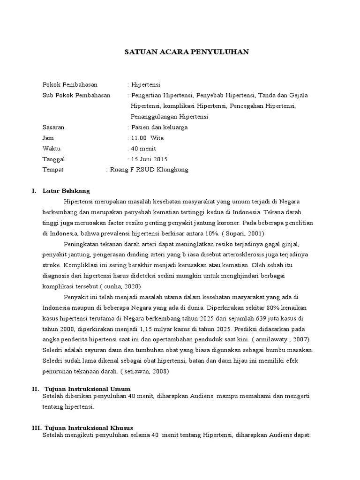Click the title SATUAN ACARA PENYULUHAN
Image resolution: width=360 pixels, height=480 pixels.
186,52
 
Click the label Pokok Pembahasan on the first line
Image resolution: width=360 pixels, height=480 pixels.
70,85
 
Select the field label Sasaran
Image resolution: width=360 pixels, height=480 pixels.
53,127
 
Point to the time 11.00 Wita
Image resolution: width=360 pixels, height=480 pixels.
148,138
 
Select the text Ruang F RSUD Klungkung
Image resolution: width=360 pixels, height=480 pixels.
149,170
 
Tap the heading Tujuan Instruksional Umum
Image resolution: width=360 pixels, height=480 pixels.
87,389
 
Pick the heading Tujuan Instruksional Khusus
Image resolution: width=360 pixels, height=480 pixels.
89,428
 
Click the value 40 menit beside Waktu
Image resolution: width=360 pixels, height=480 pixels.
144,149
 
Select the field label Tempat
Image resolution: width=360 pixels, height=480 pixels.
53,170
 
